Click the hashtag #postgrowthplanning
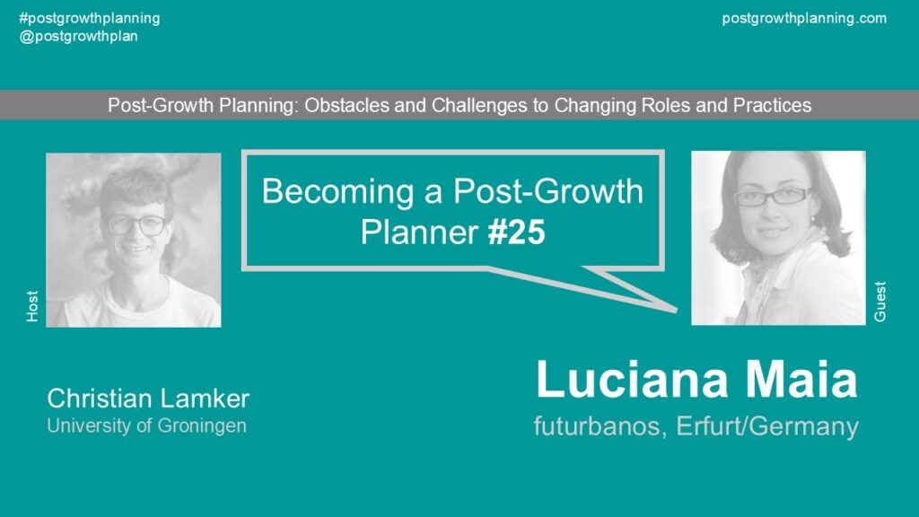pos(89,18)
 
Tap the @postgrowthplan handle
pos(79,36)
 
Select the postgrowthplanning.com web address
pos(804,18)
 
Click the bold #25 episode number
pos(516,232)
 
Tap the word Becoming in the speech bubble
pos(337,192)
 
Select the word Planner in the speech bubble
pos(419,232)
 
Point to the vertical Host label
pos(32,306)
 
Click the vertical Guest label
pos(880,302)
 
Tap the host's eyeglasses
pos(136,224)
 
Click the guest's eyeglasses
pos(773,197)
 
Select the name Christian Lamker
pos(148,399)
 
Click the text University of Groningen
pos(146,425)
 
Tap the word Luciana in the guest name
pos(633,380)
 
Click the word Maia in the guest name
pos(801,380)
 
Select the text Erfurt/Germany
pos(767,427)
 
